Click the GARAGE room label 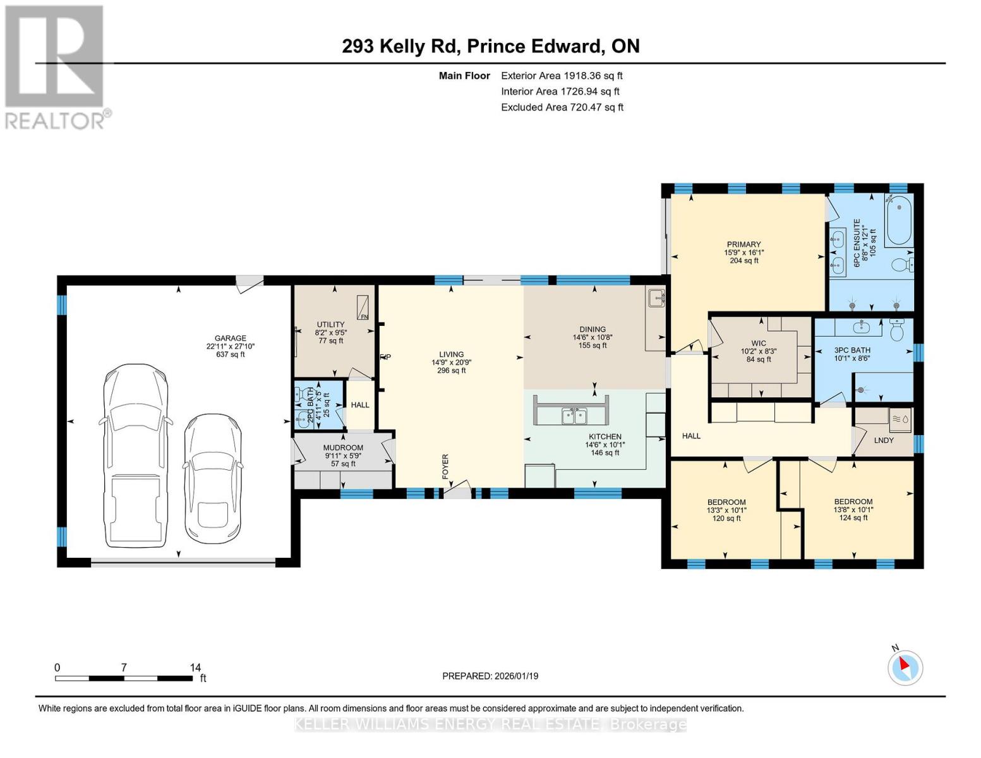[230, 338]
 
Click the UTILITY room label [330, 325]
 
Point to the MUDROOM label [343, 447]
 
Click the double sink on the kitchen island [574, 416]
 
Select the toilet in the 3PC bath [897, 328]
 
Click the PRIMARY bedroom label [743, 244]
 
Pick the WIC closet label [759, 344]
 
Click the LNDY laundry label [884, 440]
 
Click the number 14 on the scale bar [195, 667]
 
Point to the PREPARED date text [490, 676]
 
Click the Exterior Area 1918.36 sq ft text [562, 76]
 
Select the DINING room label [593, 329]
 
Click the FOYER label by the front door [445, 466]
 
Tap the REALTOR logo [56, 66]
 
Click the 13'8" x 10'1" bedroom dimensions [853, 510]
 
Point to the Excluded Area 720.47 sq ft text [562, 107]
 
